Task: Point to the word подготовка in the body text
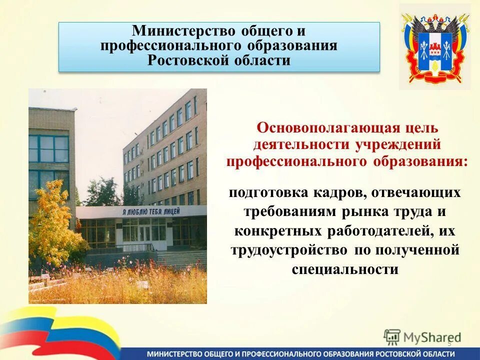click(x=268, y=192)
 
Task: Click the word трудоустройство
click(x=289, y=249)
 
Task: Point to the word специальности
click(x=344, y=268)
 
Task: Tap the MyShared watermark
click(x=422, y=336)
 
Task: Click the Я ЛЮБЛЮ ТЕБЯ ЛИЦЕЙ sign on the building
click(x=150, y=211)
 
